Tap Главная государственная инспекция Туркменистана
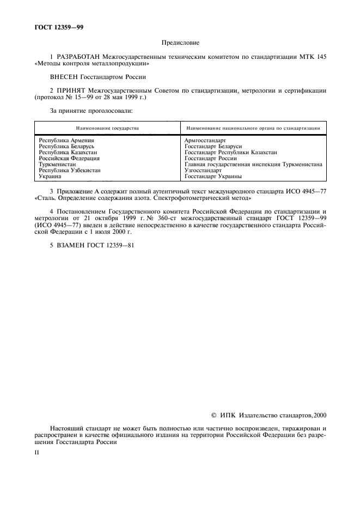[253, 165]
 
